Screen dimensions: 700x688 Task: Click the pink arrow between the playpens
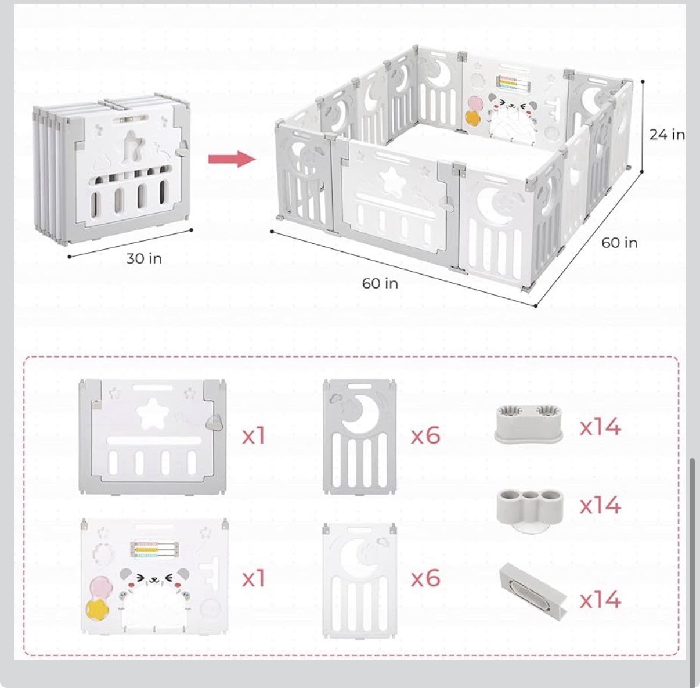(232, 159)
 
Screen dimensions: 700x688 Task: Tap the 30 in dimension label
(144, 258)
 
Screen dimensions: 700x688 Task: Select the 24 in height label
(666, 135)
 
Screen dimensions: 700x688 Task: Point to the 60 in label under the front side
(380, 283)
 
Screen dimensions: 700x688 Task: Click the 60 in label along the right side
(619, 243)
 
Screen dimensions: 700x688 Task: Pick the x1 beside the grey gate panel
(254, 435)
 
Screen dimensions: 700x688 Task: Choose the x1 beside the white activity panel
(254, 578)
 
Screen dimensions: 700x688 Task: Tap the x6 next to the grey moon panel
(425, 435)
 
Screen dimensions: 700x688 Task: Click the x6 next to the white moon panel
(425, 578)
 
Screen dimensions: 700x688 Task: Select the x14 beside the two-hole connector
(600, 427)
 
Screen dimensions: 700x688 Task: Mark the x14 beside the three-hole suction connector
(600, 505)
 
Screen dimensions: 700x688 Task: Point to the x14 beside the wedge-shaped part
(600, 599)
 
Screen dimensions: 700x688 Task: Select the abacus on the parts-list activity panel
(153, 550)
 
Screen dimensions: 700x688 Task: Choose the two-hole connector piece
(529, 424)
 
